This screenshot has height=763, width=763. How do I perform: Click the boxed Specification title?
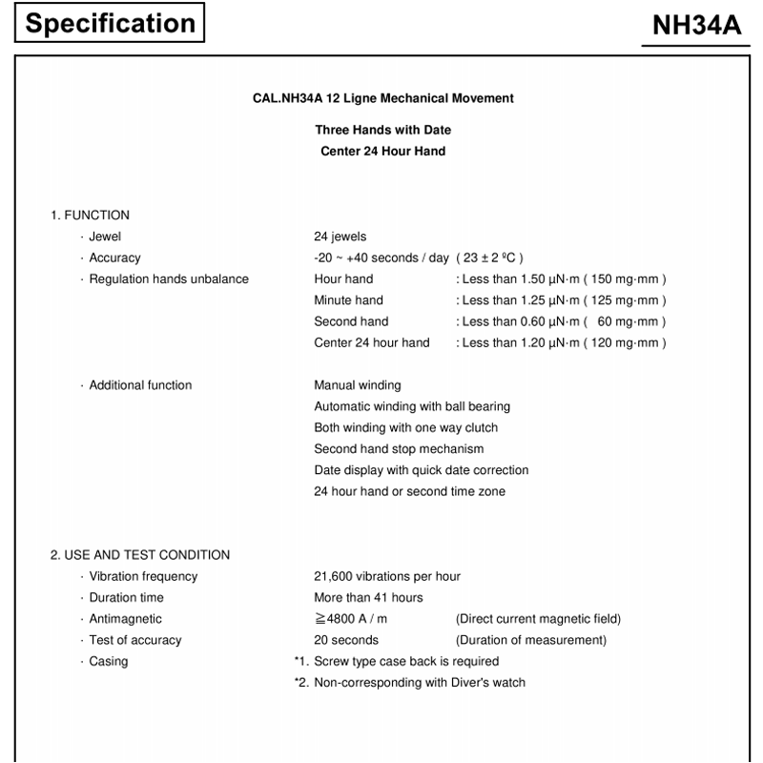click(110, 23)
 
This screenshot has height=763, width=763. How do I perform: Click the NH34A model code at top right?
click(696, 26)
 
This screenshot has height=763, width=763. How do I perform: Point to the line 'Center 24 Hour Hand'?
click(382, 151)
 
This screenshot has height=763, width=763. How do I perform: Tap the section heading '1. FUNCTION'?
click(90, 215)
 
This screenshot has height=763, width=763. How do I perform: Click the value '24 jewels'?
click(340, 237)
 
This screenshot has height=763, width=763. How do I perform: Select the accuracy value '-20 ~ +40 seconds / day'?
click(381, 258)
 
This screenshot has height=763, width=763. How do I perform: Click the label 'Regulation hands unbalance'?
click(169, 278)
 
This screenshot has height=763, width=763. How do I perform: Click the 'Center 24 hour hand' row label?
click(372, 342)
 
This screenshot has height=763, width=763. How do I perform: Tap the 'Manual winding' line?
click(358, 385)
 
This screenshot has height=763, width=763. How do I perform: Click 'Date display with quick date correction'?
click(421, 470)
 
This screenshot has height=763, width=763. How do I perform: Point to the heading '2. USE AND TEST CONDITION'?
click(140, 555)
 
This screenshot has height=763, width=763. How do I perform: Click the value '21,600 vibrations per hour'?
click(387, 576)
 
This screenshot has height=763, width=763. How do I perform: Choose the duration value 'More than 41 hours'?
click(368, 597)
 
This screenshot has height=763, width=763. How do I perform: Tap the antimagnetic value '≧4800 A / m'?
click(351, 619)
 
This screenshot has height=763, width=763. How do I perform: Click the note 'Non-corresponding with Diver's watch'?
click(420, 682)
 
